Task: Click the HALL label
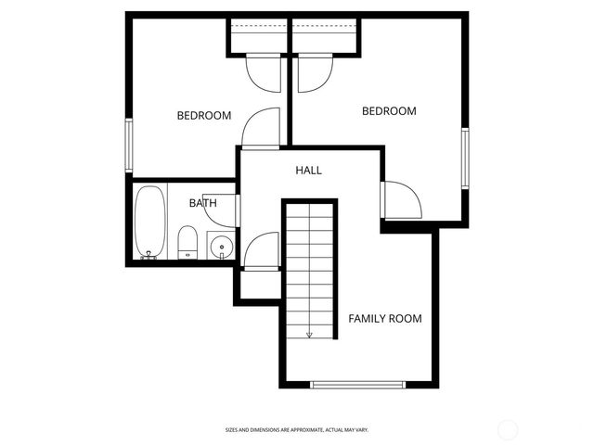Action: tap(308, 171)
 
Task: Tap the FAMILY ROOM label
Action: tap(384, 319)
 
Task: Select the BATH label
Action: tap(203, 203)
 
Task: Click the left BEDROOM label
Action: tap(203, 116)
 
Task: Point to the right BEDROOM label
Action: tap(389, 111)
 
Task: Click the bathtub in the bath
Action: tap(149, 222)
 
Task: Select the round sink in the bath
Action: tap(220, 247)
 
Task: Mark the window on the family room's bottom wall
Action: tap(357, 385)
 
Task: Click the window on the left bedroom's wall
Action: tap(130, 146)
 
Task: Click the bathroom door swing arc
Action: tap(221, 210)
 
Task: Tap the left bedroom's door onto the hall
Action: tap(261, 128)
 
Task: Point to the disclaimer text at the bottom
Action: tap(297, 430)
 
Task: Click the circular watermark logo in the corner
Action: tap(509, 428)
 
